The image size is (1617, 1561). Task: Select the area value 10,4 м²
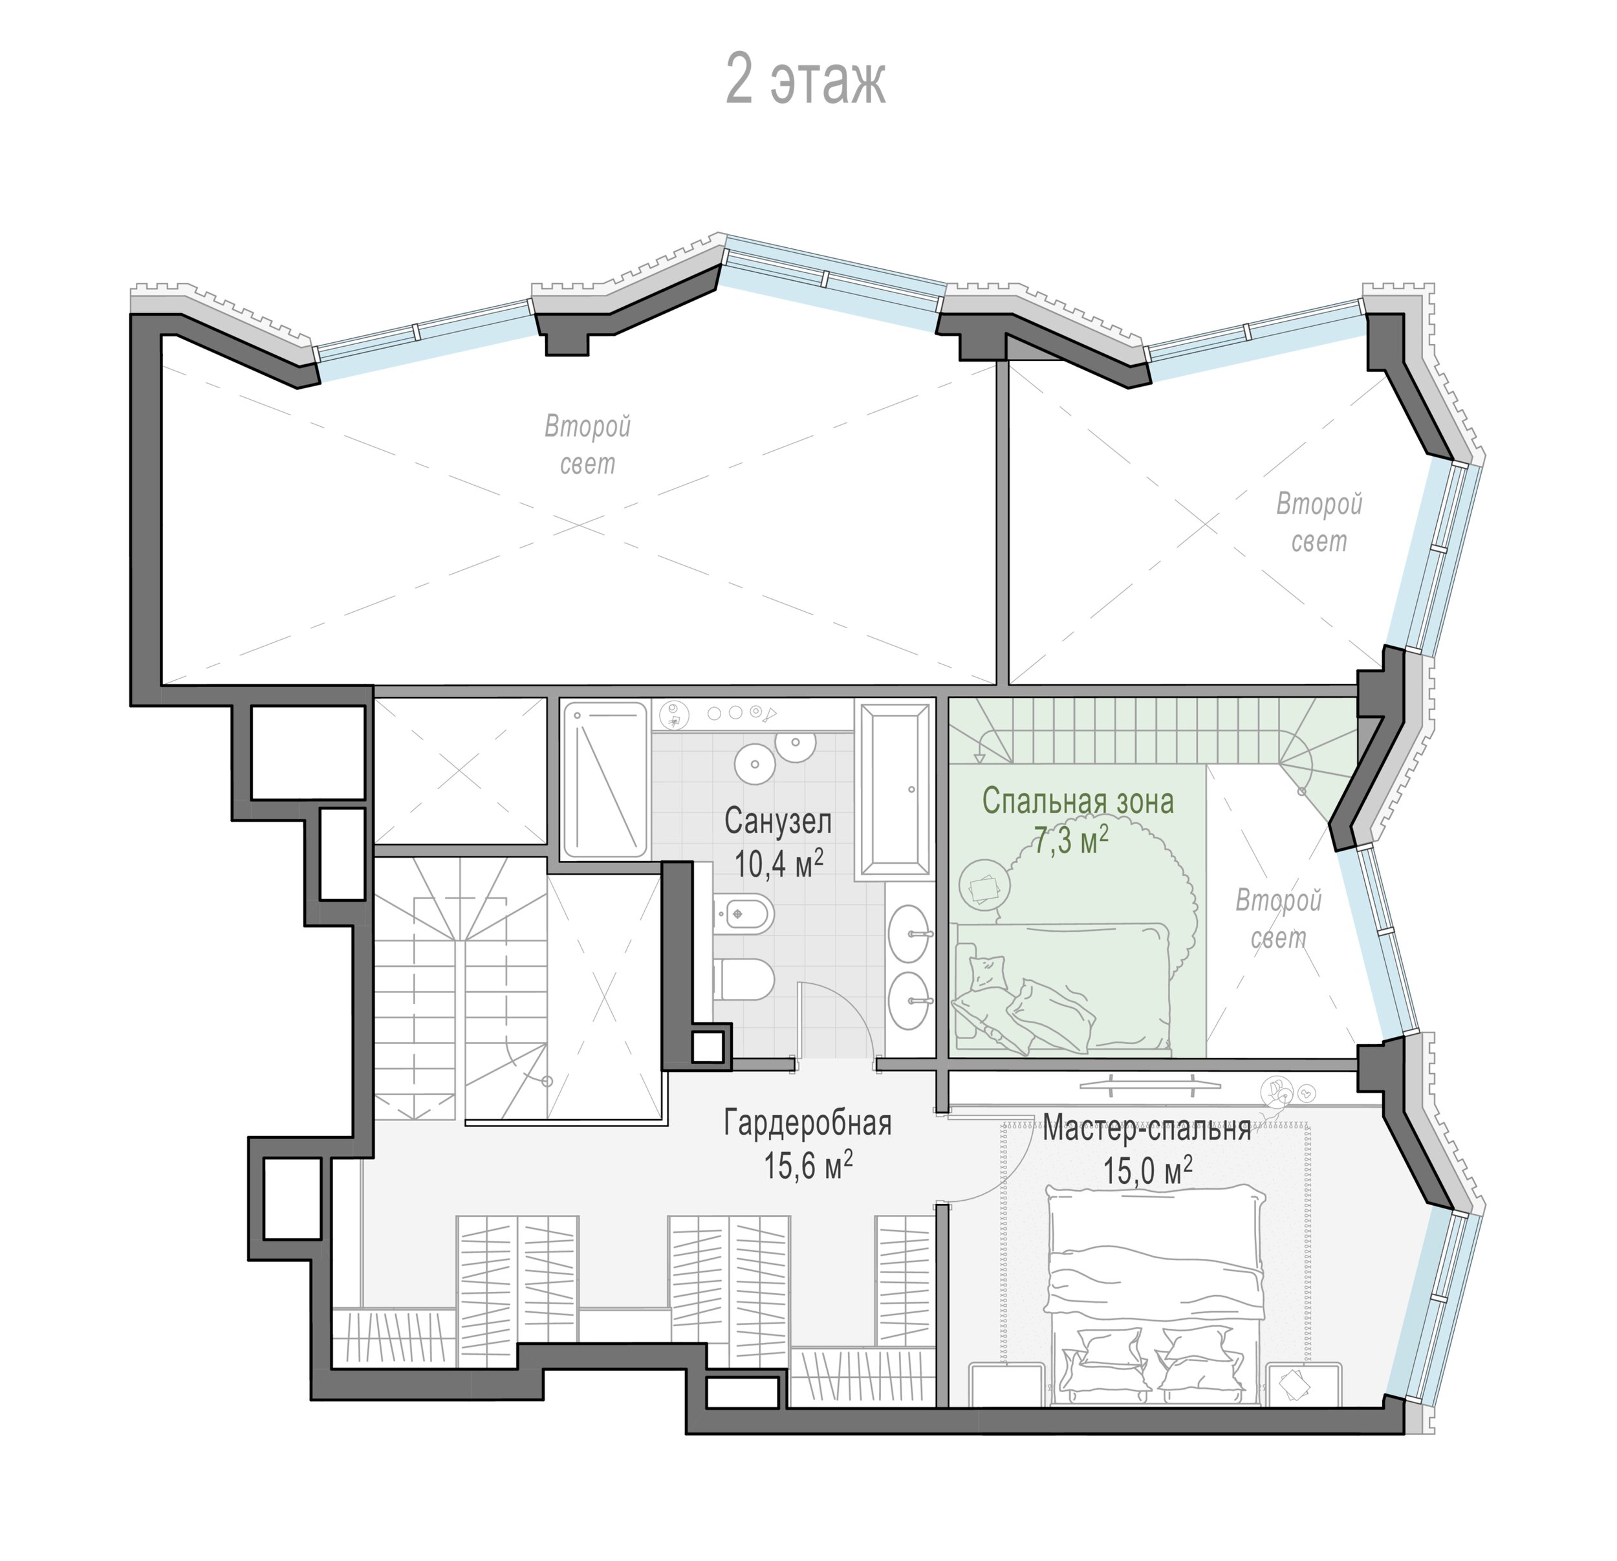pyautogui.click(x=779, y=862)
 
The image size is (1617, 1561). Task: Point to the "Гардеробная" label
pyautogui.click(x=808, y=1123)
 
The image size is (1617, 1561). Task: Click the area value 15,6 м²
pyautogui.click(x=808, y=1166)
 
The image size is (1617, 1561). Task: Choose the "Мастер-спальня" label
pyautogui.click(x=1147, y=1128)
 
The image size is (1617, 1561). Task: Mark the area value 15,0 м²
pyautogui.click(x=1147, y=1170)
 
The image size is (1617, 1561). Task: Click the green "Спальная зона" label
pyautogui.click(x=1078, y=800)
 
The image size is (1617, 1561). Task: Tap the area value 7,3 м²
pyautogui.click(x=1070, y=841)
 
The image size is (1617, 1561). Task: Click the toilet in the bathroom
pyautogui.click(x=743, y=979)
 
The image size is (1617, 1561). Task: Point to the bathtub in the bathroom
pyautogui.click(x=895, y=788)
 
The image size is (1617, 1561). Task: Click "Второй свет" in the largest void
pyautogui.click(x=587, y=446)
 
